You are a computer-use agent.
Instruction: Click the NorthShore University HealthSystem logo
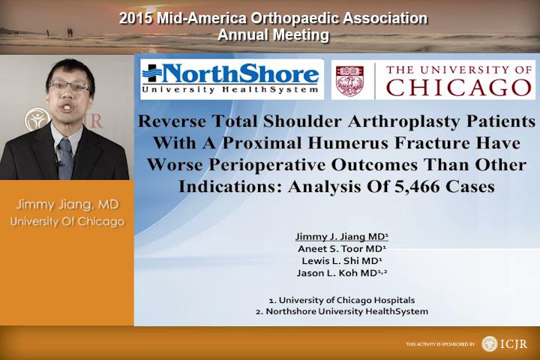point(232,79)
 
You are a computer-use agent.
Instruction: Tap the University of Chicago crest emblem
point(349,80)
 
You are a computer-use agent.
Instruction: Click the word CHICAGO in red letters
point(459,88)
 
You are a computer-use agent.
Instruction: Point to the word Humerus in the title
point(349,143)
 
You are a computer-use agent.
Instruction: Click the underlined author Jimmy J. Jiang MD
point(342,237)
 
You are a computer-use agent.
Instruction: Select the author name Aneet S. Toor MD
point(342,249)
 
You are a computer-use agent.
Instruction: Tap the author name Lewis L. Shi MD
point(342,261)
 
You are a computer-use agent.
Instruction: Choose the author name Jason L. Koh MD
point(342,273)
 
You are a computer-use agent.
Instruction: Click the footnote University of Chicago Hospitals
point(342,301)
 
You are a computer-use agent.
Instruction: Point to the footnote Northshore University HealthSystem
point(342,311)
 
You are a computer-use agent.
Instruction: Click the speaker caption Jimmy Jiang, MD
point(67,205)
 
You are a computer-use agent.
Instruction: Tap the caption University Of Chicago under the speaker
point(67,221)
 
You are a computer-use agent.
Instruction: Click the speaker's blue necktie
point(66,158)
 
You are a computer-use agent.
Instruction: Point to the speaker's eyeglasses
point(69,86)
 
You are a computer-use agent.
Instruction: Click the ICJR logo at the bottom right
point(505,343)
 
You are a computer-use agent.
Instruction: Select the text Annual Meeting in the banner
point(274,35)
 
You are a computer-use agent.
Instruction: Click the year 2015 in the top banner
point(136,18)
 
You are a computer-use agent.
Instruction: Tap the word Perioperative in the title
point(267,165)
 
